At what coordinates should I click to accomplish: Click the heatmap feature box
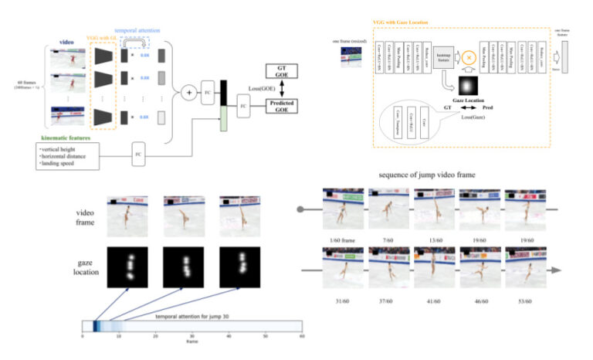pyautogui.click(x=446, y=56)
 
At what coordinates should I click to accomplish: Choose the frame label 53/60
pyautogui.click(x=524, y=301)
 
